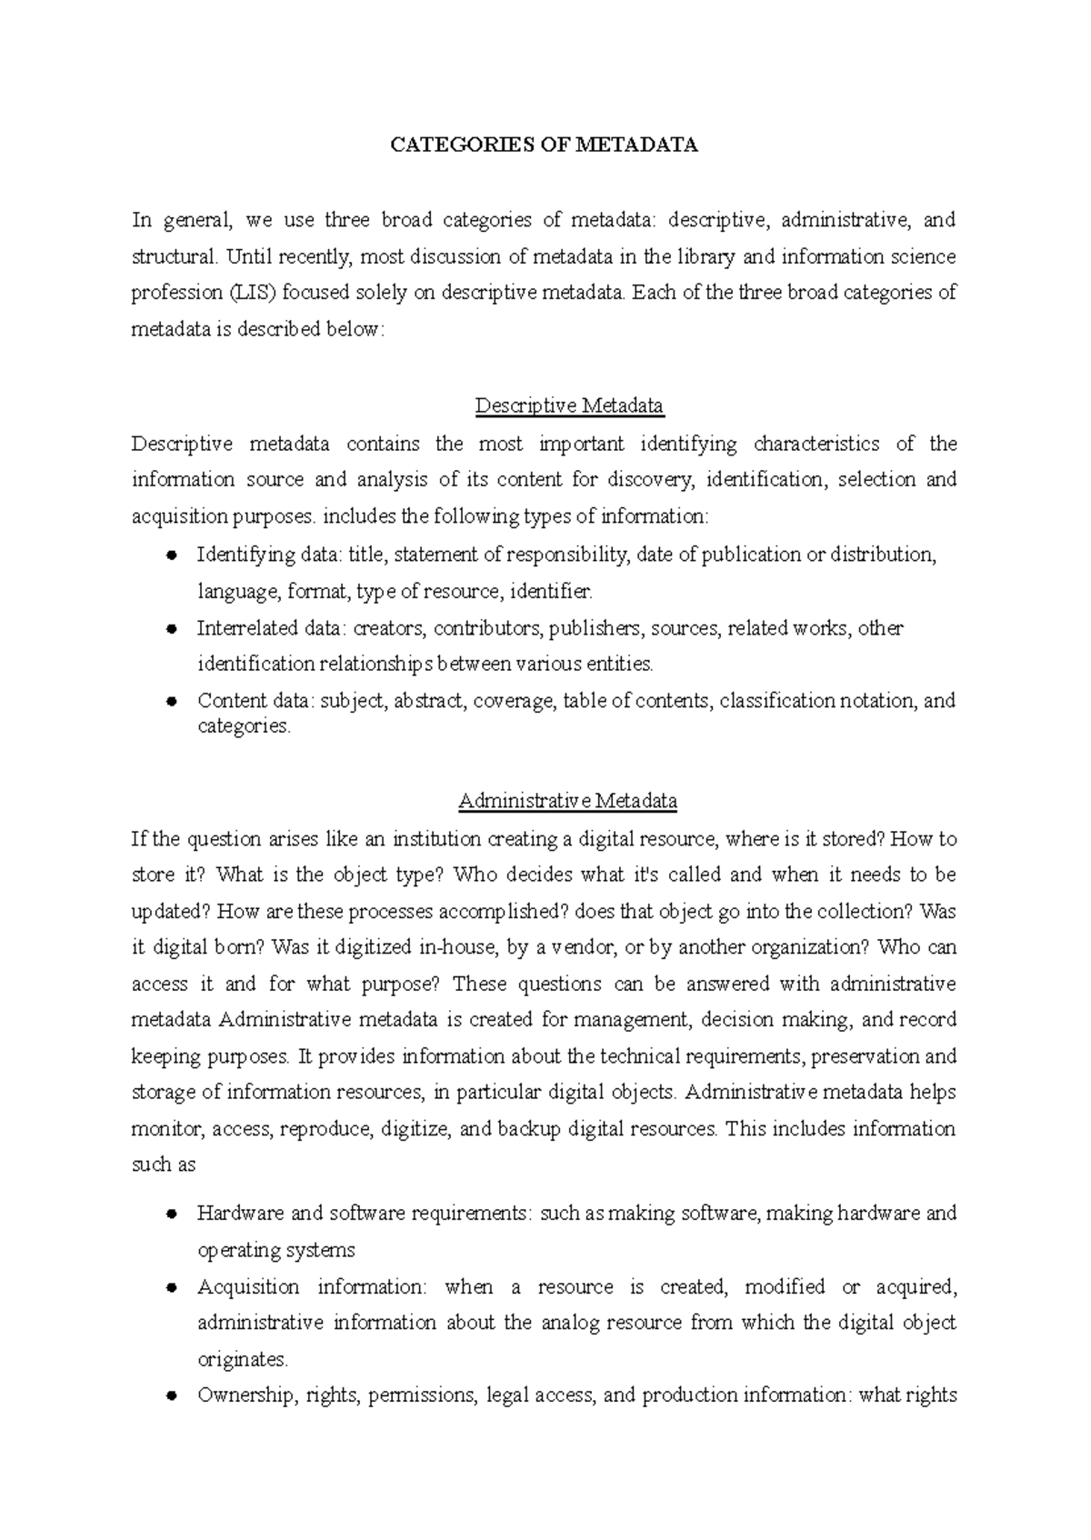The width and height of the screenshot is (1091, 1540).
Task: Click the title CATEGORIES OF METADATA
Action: click(544, 145)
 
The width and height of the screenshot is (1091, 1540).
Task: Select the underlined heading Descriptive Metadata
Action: click(569, 405)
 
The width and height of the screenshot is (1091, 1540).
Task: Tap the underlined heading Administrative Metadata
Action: click(568, 802)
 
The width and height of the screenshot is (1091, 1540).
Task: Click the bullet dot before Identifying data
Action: click(171, 555)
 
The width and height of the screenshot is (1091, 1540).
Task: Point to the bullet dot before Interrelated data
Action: click(171, 629)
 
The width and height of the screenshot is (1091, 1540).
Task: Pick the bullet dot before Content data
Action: click(171, 702)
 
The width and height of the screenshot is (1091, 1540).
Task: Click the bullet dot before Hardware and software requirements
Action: click(171, 1215)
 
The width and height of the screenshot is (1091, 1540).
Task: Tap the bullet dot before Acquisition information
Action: click(171, 1288)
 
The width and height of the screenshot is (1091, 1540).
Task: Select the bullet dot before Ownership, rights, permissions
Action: click(171, 1396)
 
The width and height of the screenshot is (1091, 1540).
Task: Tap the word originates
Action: click(242, 1360)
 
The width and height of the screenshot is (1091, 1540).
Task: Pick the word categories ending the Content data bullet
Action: click(243, 726)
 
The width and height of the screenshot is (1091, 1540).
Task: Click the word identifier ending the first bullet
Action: click(551, 593)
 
